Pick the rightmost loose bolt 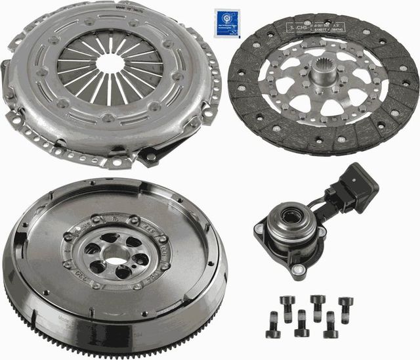pyautogui.click(x=346, y=309)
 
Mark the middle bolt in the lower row pyautogui.click(x=301, y=323)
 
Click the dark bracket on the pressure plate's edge pyautogui.click(x=153, y=155)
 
